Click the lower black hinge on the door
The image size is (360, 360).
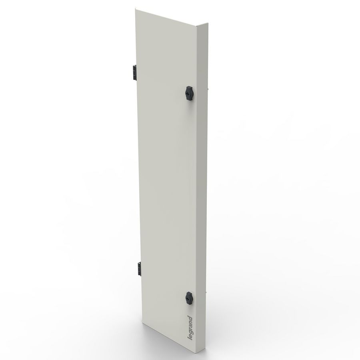pos(139,267)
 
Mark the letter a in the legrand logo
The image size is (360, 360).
pos(190,325)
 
